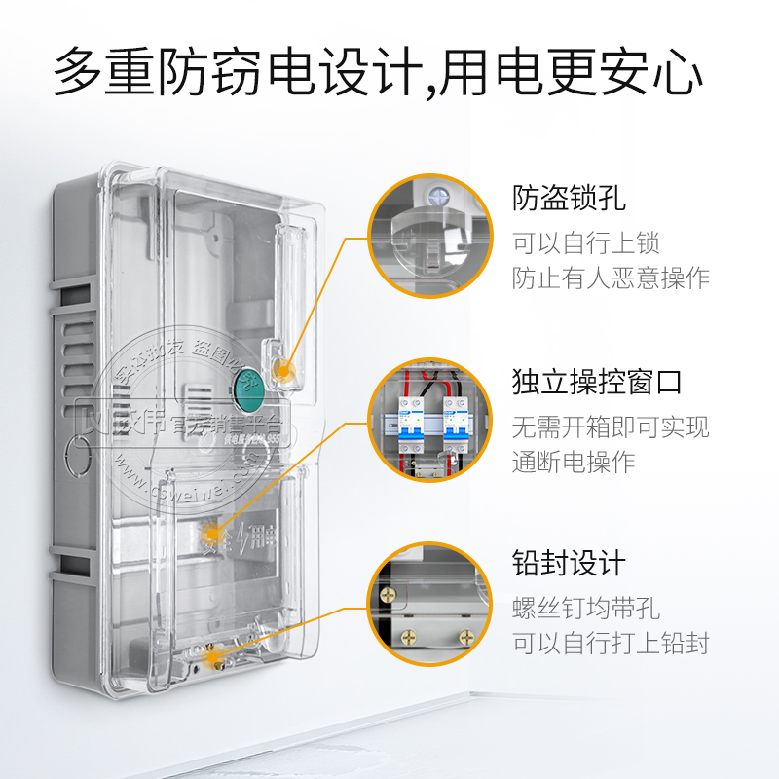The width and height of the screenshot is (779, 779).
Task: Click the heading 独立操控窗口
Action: point(597,381)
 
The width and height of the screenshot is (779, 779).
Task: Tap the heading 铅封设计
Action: point(569,563)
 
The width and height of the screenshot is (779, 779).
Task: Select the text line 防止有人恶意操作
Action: point(611,278)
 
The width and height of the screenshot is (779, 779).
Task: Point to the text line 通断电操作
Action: point(574,461)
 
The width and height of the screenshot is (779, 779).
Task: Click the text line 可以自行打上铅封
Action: point(611,643)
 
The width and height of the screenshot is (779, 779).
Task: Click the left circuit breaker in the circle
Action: point(410,421)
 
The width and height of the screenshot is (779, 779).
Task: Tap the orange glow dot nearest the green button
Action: point(283,368)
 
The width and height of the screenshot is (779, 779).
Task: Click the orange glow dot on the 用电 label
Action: point(209,532)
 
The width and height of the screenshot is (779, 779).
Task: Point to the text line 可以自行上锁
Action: point(586,242)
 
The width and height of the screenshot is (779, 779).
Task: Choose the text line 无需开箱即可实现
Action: point(611,425)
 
